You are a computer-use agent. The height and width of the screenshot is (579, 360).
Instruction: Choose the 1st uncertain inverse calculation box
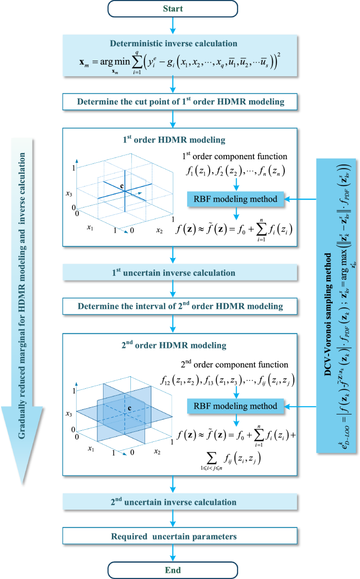(x=172, y=273)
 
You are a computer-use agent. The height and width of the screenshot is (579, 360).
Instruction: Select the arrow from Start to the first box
(x=172, y=25)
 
